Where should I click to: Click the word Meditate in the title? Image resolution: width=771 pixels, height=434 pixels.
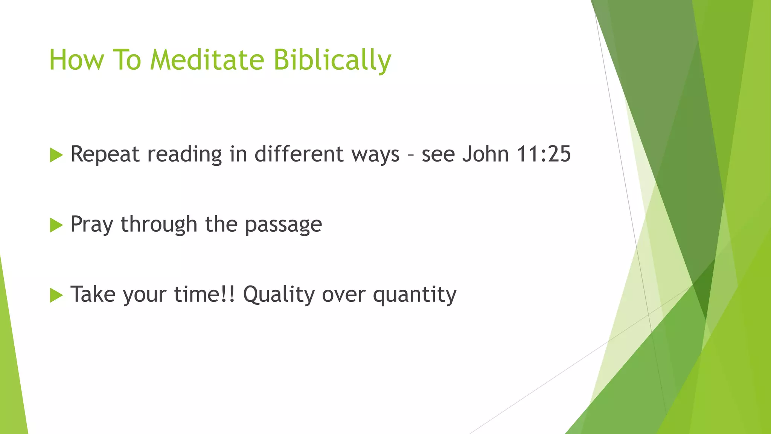click(x=207, y=60)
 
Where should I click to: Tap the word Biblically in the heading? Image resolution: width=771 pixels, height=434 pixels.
click(x=332, y=60)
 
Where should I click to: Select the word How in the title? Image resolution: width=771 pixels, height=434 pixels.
click(x=76, y=60)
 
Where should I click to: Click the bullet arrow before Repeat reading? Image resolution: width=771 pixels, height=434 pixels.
click(x=56, y=155)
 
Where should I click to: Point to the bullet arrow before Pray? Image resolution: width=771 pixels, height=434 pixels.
click(x=56, y=225)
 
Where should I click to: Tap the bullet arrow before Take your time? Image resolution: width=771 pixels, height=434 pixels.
click(x=56, y=295)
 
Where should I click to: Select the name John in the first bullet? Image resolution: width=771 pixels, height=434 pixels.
click(x=485, y=154)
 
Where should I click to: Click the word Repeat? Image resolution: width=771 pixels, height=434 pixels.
click(x=105, y=154)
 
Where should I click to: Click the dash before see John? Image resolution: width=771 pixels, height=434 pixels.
click(x=410, y=155)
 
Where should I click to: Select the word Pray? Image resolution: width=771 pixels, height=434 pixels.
click(x=91, y=225)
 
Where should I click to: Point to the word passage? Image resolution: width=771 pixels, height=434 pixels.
click(x=283, y=225)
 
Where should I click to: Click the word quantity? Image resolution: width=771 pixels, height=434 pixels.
click(x=414, y=295)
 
